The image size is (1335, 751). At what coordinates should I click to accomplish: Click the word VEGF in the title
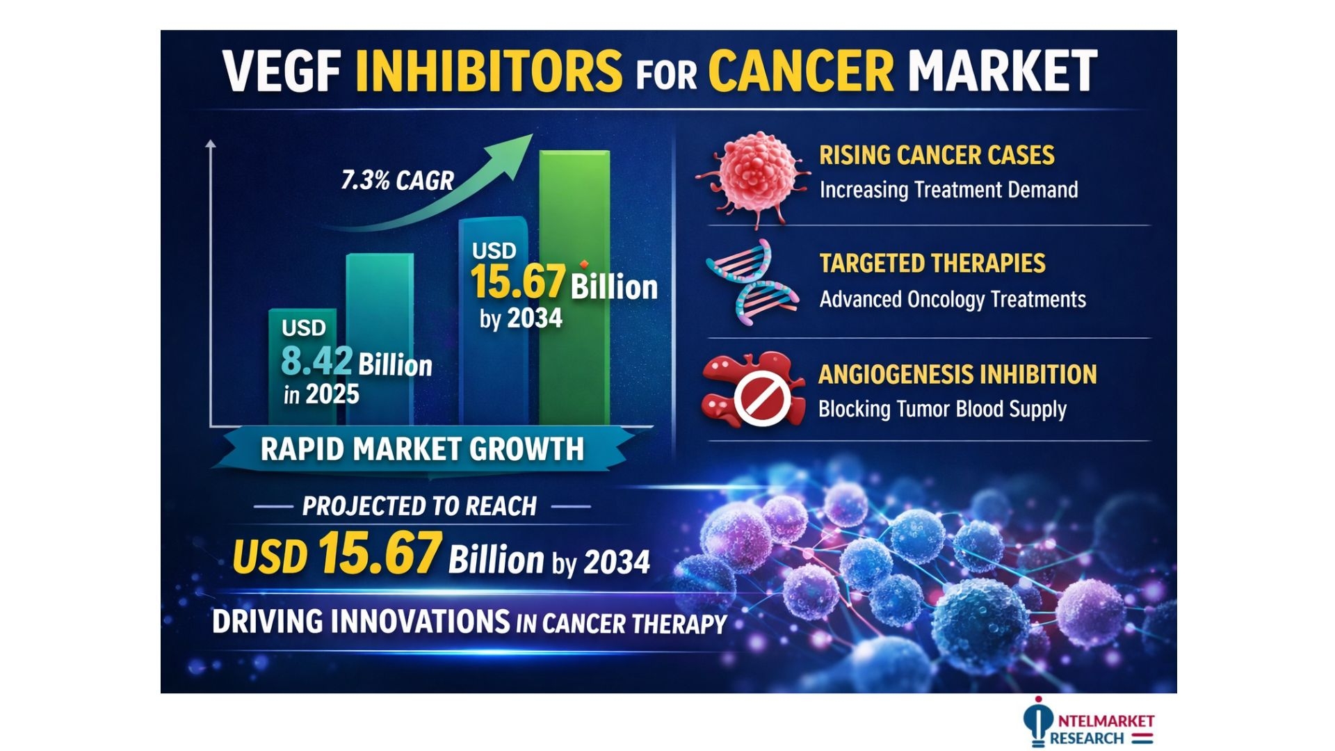(x=282, y=71)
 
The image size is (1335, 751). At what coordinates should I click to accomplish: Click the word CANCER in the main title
(x=800, y=71)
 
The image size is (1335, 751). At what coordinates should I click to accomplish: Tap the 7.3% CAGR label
(x=397, y=181)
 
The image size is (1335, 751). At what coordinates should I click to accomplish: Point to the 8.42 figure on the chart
(x=316, y=362)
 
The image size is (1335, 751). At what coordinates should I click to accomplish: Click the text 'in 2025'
(x=321, y=395)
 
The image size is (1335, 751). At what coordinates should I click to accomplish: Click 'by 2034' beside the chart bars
(x=521, y=318)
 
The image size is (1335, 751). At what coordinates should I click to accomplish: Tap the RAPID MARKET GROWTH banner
(x=422, y=449)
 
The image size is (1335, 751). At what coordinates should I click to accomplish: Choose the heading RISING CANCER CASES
(x=937, y=155)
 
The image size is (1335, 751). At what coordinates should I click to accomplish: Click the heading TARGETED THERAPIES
(x=932, y=264)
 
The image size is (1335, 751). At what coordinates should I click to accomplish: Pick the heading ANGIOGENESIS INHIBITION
(x=957, y=375)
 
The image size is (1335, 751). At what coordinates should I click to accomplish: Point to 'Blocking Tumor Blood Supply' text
(x=942, y=410)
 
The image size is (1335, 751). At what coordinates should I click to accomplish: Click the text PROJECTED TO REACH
(x=419, y=506)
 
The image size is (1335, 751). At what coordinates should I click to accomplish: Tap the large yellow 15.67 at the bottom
(x=380, y=554)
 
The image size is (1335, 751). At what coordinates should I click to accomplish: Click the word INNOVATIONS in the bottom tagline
(x=421, y=622)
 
